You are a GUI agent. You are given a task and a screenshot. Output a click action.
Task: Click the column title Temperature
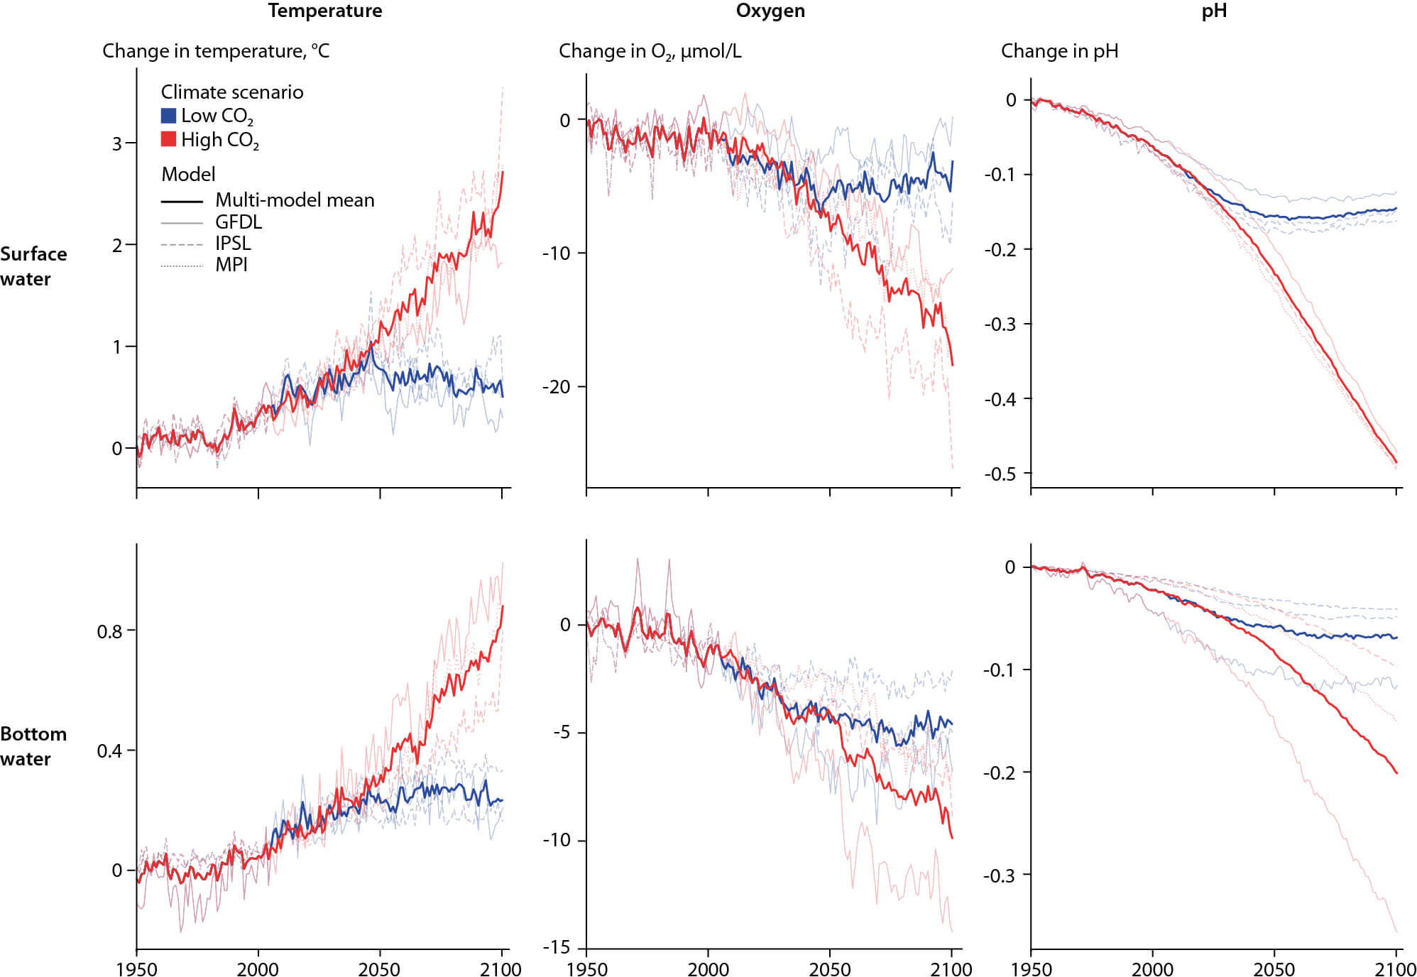pyautogui.click(x=325, y=11)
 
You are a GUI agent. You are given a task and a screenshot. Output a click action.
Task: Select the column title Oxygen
pyautogui.click(x=770, y=11)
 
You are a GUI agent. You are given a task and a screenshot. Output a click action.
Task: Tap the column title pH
pyautogui.click(x=1214, y=11)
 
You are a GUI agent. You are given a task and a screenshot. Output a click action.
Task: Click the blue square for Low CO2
pyautogui.click(x=168, y=116)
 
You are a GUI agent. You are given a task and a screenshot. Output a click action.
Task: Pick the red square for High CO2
pyautogui.click(x=168, y=139)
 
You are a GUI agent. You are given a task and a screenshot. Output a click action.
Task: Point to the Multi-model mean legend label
pyautogui.click(x=295, y=200)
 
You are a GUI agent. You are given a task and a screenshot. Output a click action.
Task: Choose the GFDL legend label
pyautogui.click(x=239, y=222)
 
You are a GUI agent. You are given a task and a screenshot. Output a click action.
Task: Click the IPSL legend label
pyautogui.click(x=233, y=244)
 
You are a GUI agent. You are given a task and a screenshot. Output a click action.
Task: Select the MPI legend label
pyautogui.click(x=231, y=265)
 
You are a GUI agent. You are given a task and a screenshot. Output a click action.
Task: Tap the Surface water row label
pyautogui.click(x=33, y=266)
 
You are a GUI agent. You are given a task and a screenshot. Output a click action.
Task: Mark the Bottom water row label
pyautogui.click(x=33, y=746)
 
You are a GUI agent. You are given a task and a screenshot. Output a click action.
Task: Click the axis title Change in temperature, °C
pyautogui.click(x=216, y=51)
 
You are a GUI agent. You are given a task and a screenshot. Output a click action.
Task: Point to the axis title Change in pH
pyautogui.click(x=1059, y=51)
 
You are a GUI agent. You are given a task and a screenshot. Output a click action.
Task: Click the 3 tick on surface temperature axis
pyautogui.click(x=117, y=143)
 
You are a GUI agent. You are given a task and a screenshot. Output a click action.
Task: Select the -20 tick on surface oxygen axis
pyautogui.click(x=556, y=387)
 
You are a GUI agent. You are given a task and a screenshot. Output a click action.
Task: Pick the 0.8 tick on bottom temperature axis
pyautogui.click(x=110, y=631)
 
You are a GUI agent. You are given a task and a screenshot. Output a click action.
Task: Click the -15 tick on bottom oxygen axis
pyautogui.click(x=556, y=947)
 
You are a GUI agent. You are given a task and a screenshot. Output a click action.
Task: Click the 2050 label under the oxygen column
pyautogui.click(x=829, y=969)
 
